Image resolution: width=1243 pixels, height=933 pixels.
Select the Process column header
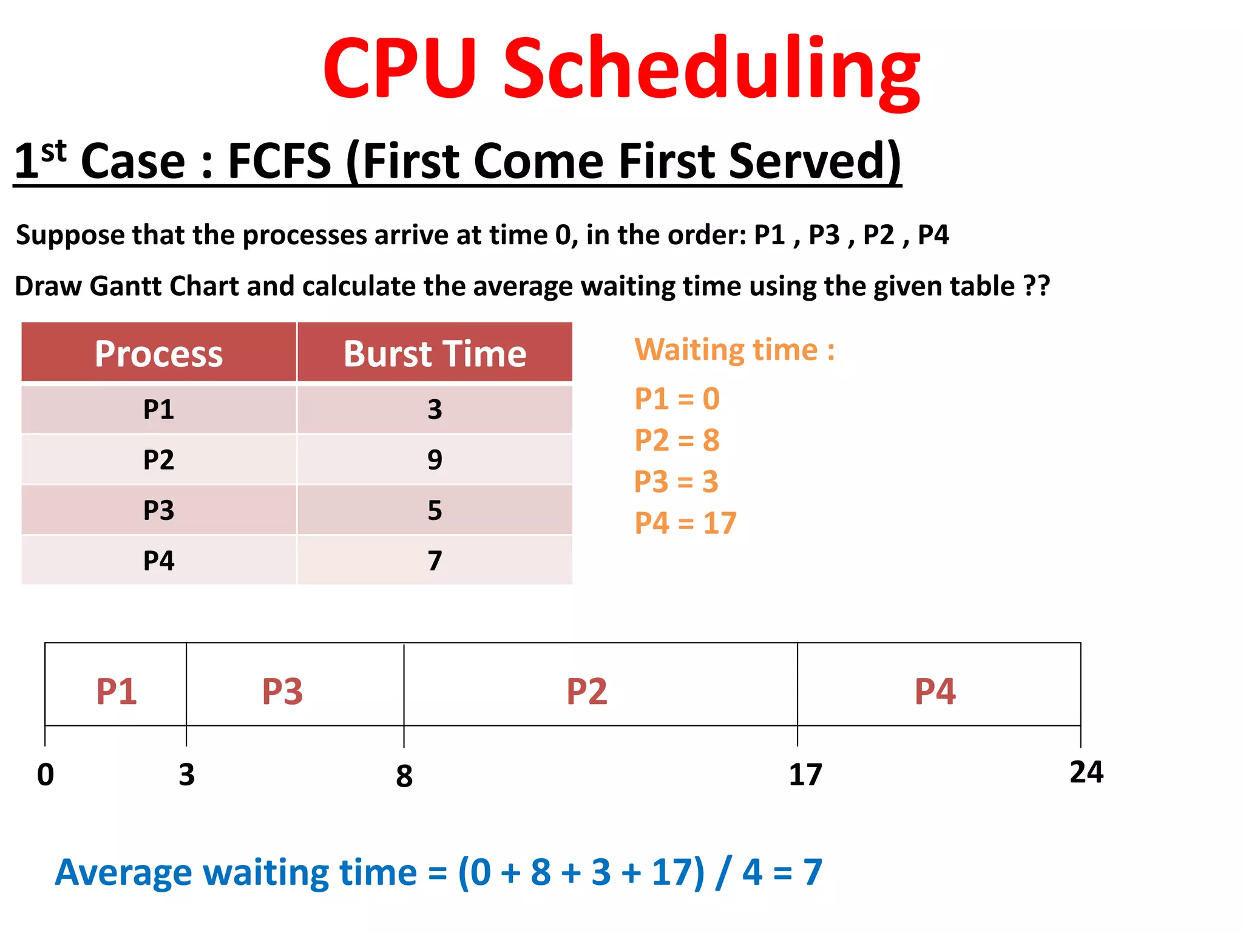pyautogui.click(x=158, y=354)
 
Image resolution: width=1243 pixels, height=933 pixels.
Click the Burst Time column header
pyautogui.click(x=435, y=354)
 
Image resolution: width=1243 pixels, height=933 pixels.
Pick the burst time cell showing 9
pyautogui.click(x=435, y=460)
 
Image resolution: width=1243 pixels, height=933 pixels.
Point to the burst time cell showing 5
pyautogui.click(x=435, y=510)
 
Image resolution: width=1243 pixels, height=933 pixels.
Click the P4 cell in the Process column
pyautogui.click(x=158, y=561)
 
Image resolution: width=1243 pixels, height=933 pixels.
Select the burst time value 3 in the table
pyautogui.click(x=435, y=409)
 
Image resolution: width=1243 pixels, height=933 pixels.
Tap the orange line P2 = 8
pyautogui.click(x=677, y=440)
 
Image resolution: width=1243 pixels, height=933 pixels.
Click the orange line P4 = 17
pyautogui.click(x=685, y=523)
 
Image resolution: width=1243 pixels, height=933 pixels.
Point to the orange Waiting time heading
pyautogui.click(x=734, y=350)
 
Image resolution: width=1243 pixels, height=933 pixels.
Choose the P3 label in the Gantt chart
pyautogui.click(x=282, y=691)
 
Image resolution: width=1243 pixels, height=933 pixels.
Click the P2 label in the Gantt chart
pyautogui.click(x=586, y=691)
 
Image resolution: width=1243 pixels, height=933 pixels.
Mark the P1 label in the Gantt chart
pyautogui.click(x=117, y=691)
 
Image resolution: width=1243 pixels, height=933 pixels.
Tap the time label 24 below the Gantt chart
pyautogui.click(x=1086, y=772)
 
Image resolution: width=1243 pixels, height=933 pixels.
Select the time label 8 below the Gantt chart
pyautogui.click(x=404, y=776)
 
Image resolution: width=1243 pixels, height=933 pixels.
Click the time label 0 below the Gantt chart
pyautogui.click(x=46, y=774)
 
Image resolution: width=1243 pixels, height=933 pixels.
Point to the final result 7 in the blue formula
pyautogui.click(x=813, y=872)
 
